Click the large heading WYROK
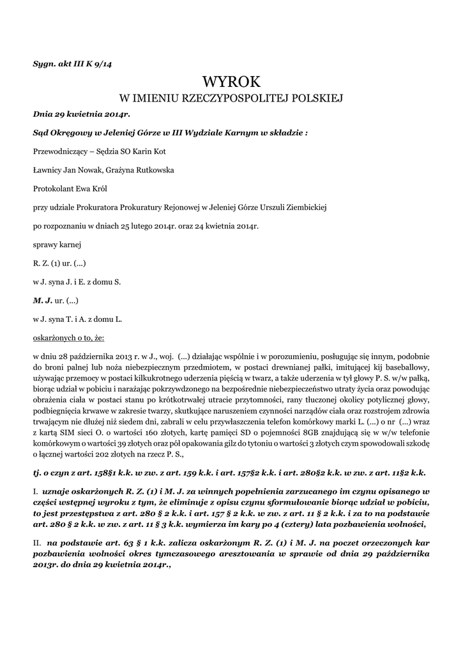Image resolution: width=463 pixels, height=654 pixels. click(231, 81)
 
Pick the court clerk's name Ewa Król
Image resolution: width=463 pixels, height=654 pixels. click(96, 188)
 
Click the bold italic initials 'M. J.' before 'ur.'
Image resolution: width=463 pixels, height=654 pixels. click(42, 299)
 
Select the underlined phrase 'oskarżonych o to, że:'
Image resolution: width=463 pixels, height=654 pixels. click(68, 336)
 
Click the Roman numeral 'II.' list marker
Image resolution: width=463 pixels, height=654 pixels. click(37, 541)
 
